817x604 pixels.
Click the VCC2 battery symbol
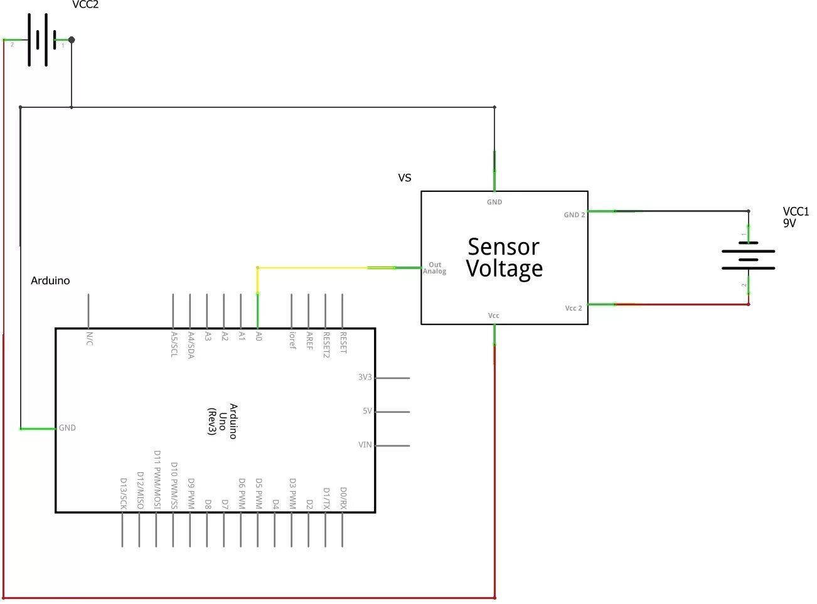[41, 40]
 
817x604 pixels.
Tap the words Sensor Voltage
[504, 258]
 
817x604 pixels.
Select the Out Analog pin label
[435, 268]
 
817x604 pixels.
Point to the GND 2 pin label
[574, 215]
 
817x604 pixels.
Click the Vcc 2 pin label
[574, 308]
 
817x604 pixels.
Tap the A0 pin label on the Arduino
[259, 337]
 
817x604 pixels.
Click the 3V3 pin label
[365, 377]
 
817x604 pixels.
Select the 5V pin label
[367, 411]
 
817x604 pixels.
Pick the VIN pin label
[365, 445]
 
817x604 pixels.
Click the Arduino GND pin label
[67, 428]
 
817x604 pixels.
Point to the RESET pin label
[343, 342]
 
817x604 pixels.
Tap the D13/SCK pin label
[124, 493]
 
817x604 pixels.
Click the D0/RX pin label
[343, 498]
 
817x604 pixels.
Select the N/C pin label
[89, 339]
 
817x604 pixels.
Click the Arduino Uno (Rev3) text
[222, 421]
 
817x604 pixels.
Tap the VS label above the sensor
[405, 177]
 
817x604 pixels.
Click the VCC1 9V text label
[795, 217]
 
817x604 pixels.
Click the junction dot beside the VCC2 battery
[72, 40]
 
